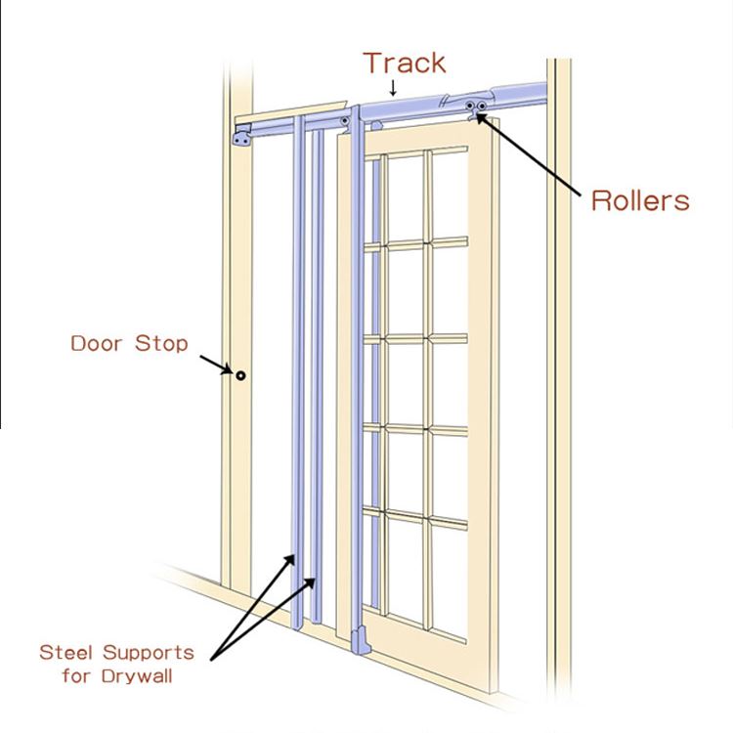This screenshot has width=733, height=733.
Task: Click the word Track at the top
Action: (x=405, y=64)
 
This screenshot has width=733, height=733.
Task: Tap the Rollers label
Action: (x=640, y=201)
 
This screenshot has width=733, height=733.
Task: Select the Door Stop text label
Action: (x=129, y=344)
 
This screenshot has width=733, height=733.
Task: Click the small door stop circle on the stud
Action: (x=238, y=374)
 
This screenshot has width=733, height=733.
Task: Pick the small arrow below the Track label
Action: (x=392, y=89)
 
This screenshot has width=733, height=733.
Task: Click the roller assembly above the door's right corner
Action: (x=478, y=108)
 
